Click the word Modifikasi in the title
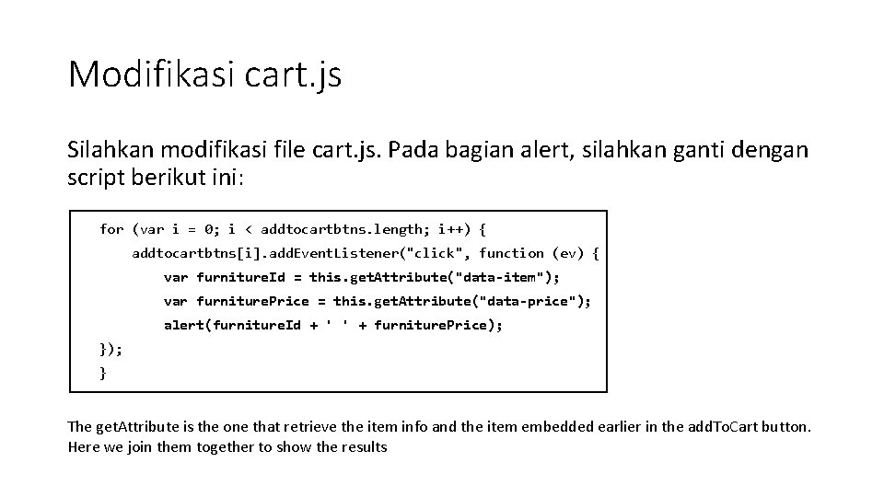[151, 74]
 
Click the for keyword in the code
[111, 228]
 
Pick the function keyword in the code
[511, 252]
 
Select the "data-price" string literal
[534, 300]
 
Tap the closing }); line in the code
[110, 349]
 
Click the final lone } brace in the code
[103, 373]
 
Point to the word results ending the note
[363, 447]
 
